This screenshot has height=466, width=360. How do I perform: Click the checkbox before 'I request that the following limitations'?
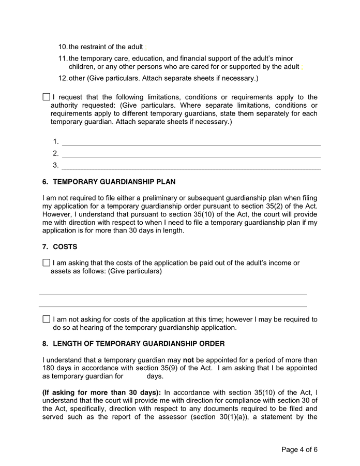(46, 97)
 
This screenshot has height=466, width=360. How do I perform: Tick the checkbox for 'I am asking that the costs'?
(46, 263)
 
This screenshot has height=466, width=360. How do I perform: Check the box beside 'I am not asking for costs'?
(46, 319)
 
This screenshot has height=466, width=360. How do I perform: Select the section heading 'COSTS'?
(65, 247)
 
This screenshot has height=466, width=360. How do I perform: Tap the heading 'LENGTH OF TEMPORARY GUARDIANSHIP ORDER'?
(139, 344)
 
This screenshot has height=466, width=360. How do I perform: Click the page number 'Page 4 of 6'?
(299, 449)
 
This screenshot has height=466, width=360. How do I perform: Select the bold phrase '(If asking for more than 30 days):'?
(101, 392)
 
